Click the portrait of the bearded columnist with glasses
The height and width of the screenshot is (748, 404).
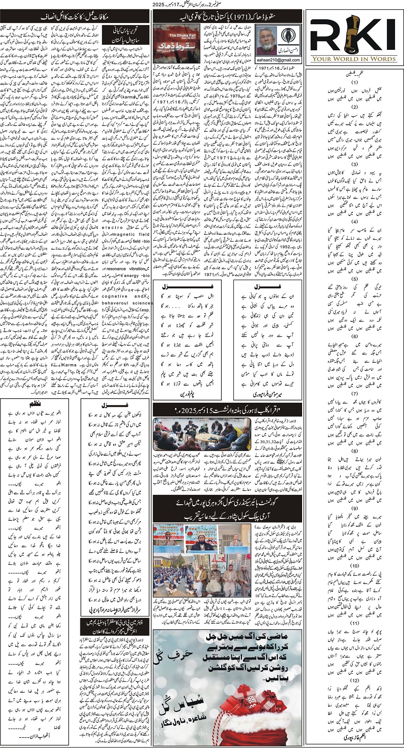point(266,40)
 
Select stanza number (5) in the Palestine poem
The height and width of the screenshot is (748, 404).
point(355,279)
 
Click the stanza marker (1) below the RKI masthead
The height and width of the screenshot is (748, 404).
point(355,83)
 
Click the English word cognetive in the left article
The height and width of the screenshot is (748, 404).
point(115,296)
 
